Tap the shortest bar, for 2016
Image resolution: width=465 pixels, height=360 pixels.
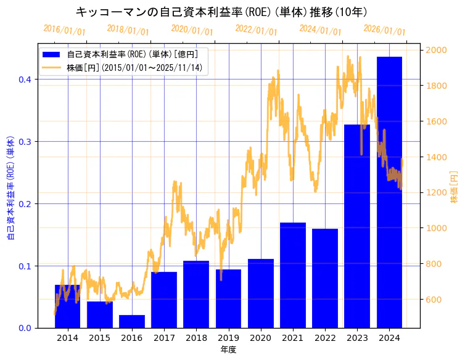[132, 321]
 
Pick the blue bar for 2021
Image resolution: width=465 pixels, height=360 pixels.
[293, 275]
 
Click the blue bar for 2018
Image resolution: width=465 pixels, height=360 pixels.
[196, 294]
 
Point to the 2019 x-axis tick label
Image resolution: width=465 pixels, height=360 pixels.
[228, 338]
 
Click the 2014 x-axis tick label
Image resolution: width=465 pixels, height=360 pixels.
[67, 338]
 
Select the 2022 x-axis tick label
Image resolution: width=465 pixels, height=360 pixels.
[325, 338]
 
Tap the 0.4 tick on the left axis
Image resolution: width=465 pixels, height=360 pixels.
[27, 80]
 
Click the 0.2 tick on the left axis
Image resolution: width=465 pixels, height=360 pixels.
[27, 204]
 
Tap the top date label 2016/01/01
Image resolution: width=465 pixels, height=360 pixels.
[64, 29]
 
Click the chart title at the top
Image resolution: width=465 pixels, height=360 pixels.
[221, 12]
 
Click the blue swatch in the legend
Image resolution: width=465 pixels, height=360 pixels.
[52, 54]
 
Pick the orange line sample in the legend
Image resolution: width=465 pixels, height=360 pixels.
[52, 68]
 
